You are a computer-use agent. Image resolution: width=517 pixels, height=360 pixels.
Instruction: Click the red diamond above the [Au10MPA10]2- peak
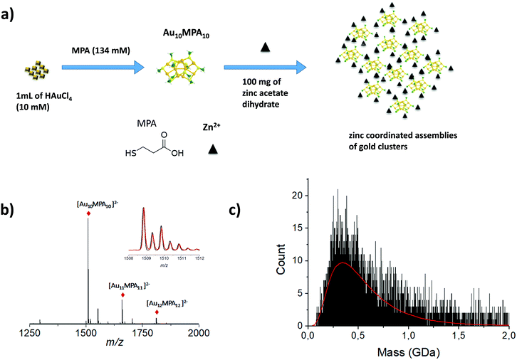(88, 213)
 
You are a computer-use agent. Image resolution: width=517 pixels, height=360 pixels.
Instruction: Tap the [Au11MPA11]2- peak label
(122, 285)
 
